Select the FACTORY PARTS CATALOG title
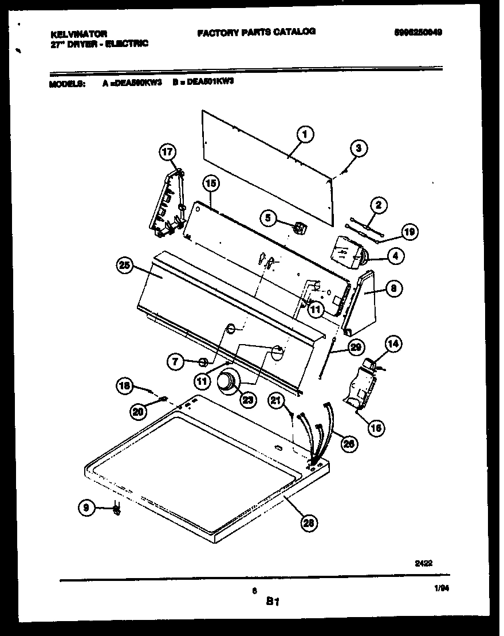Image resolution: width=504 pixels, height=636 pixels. tap(256, 33)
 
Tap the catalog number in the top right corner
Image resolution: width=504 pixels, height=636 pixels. tap(418, 33)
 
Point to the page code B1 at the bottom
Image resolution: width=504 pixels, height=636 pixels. tap(272, 602)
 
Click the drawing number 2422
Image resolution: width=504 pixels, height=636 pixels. tap(423, 563)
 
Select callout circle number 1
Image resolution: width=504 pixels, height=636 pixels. tap(305, 135)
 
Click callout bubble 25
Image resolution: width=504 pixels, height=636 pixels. tap(125, 266)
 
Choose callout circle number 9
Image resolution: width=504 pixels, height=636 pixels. tap(86, 508)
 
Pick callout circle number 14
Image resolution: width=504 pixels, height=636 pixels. tap(392, 344)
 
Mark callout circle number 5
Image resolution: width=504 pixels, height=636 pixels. tap(269, 217)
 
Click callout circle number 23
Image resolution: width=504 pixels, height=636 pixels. tap(247, 400)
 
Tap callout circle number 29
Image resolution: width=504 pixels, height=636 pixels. tap(356, 347)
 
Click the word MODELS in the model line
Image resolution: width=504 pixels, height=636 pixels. tap(67, 83)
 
